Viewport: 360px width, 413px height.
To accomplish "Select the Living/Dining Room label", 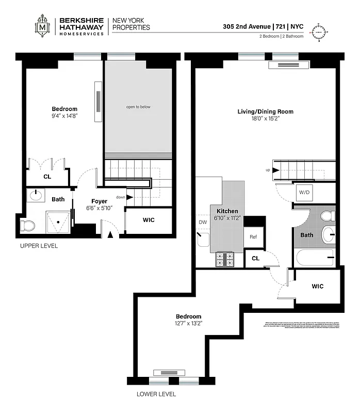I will [x=265, y=112].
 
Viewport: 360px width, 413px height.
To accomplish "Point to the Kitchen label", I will [x=227, y=211].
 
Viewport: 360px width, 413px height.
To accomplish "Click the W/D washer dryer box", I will [x=304, y=193].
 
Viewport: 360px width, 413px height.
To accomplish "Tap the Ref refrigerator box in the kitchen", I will [x=253, y=237].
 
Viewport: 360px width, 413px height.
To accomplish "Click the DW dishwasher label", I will [x=203, y=223].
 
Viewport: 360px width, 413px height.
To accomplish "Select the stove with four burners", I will [x=225, y=259].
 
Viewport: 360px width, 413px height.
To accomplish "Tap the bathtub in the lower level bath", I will [x=314, y=257].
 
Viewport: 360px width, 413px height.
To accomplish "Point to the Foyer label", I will [x=99, y=201].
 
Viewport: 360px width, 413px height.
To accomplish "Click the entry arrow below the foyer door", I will [x=110, y=235].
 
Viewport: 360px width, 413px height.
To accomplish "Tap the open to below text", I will [x=138, y=107].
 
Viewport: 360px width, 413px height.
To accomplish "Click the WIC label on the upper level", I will [x=148, y=220].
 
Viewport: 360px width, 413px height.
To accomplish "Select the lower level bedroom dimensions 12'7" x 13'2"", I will [x=188, y=324].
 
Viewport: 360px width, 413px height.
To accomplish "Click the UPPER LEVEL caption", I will [x=39, y=246].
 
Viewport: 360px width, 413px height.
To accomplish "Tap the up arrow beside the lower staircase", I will [x=275, y=170].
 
